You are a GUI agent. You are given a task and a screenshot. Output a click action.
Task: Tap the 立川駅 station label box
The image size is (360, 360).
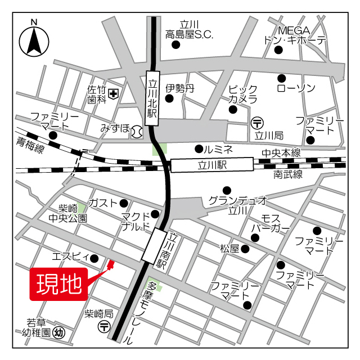(x=212, y=165)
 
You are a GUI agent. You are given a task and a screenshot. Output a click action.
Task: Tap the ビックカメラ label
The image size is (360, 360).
(x=242, y=94)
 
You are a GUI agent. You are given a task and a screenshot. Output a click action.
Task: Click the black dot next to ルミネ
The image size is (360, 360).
(x=198, y=149)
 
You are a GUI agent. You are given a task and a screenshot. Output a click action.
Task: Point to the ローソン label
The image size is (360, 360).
(x=296, y=88)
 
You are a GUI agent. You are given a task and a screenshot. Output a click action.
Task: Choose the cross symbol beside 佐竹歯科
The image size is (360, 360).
(x=114, y=94)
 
